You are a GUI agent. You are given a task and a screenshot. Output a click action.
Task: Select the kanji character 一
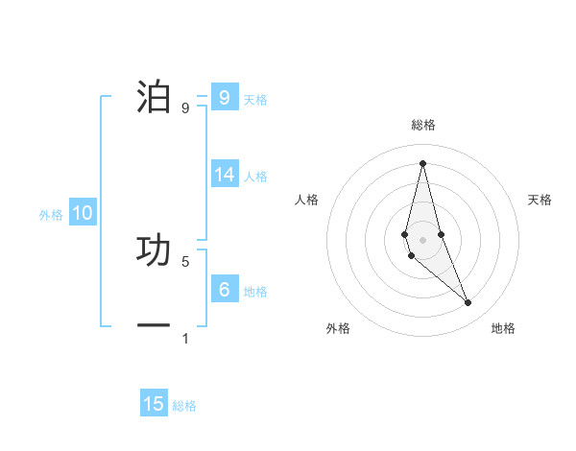(154, 325)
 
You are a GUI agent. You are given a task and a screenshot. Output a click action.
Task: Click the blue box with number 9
(224, 97)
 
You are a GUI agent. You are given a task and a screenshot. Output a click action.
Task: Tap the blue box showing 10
(82, 213)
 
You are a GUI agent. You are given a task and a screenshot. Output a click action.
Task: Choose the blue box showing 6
(224, 289)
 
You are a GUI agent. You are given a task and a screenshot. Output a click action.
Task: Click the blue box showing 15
(154, 404)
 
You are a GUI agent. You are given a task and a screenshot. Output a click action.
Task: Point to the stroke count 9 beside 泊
(185, 108)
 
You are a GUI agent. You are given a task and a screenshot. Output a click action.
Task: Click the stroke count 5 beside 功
(185, 261)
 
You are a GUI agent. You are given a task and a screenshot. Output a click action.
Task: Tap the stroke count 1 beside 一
(185, 339)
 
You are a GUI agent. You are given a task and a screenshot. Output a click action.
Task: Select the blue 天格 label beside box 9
(255, 99)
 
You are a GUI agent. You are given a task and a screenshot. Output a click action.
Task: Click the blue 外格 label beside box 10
(51, 215)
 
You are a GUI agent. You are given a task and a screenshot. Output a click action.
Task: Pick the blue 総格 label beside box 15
(184, 406)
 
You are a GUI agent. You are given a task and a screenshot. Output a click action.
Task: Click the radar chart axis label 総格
(423, 125)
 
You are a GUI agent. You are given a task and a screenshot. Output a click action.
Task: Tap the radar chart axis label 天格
(540, 200)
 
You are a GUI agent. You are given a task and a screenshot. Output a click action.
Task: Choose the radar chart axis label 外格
(338, 328)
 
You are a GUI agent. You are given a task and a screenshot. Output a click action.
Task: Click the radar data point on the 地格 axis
(468, 303)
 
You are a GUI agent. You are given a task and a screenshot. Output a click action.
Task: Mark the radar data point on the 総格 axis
(423, 162)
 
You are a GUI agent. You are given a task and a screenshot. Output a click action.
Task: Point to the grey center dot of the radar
(423, 239)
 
